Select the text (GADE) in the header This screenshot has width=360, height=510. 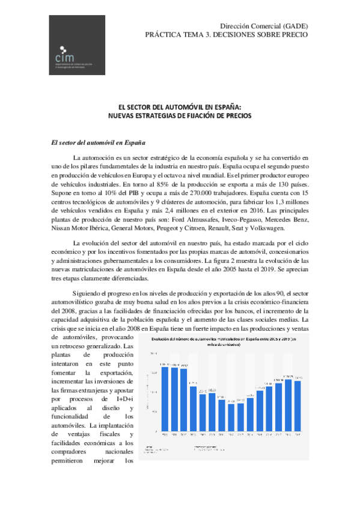pos(294,26)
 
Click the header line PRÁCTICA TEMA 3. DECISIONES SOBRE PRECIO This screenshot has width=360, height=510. pos(226,35)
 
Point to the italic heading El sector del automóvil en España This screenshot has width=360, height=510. pos(99,143)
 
